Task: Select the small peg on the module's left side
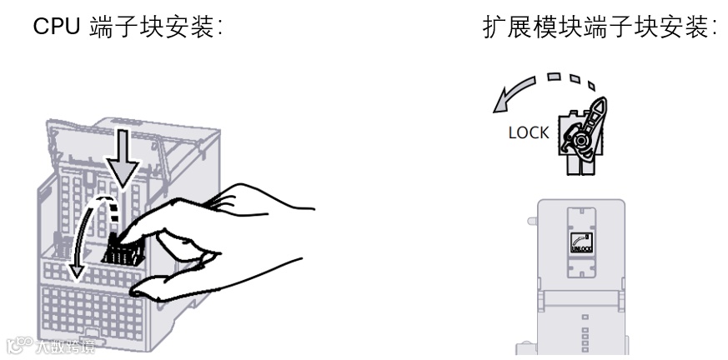tap(531, 222)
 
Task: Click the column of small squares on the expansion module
tap(584, 333)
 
